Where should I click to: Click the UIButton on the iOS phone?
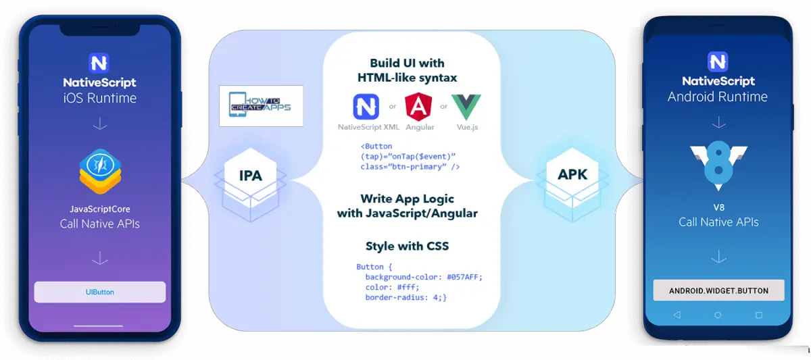click(100, 292)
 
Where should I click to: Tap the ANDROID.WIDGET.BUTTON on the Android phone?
click(718, 290)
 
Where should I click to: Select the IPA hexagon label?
click(250, 176)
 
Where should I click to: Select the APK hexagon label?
click(572, 174)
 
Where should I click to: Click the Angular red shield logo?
click(419, 107)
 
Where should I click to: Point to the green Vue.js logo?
click(466, 107)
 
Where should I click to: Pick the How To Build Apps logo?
click(262, 106)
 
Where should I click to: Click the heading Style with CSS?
click(407, 246)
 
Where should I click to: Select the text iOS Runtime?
click(100, 98)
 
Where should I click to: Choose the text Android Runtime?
click(718, 97)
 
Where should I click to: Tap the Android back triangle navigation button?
click(677, 315)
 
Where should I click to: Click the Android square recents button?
click(759, 315)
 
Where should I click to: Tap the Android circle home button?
click(718, 315)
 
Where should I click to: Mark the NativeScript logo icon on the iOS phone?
click(99, 63)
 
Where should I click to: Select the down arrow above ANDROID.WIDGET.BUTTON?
click(718, 257)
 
